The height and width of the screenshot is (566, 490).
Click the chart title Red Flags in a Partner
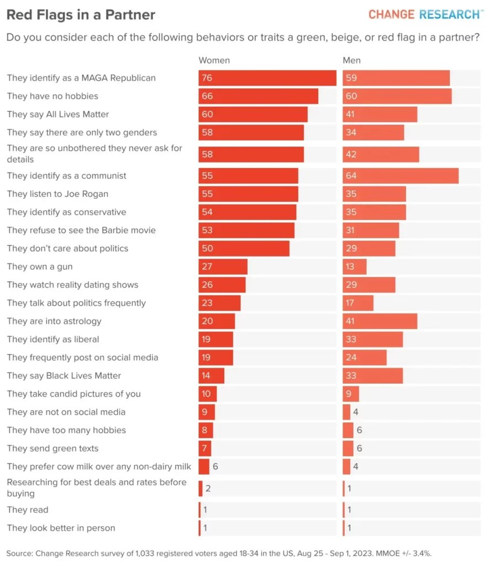(81, 15)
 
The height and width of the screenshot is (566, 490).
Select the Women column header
(214, 60)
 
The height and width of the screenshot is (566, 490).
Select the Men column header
(351, 60)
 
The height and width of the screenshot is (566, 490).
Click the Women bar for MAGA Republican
(267, 78)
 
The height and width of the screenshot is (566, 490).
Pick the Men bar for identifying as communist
(401, 176)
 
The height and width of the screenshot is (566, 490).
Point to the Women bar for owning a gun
(223, 267)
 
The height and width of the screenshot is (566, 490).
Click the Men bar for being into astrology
(380, 321)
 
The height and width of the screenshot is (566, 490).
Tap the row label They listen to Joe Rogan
(57, 194)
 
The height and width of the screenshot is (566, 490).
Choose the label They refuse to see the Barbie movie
(81, 230)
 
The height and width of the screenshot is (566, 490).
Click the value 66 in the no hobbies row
(207, 96)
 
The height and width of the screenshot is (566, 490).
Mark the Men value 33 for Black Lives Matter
(351, 376)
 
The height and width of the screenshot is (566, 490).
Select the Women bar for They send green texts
(204, 448)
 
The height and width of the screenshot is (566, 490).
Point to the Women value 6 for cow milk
(215, 467)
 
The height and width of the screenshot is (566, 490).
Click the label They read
(28, 510)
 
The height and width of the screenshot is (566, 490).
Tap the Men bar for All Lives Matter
(380, 114)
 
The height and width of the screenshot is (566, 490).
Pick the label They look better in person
(61, 528)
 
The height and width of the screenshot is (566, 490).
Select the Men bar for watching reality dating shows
(368, 285)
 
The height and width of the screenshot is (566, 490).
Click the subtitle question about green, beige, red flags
(243, 38)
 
